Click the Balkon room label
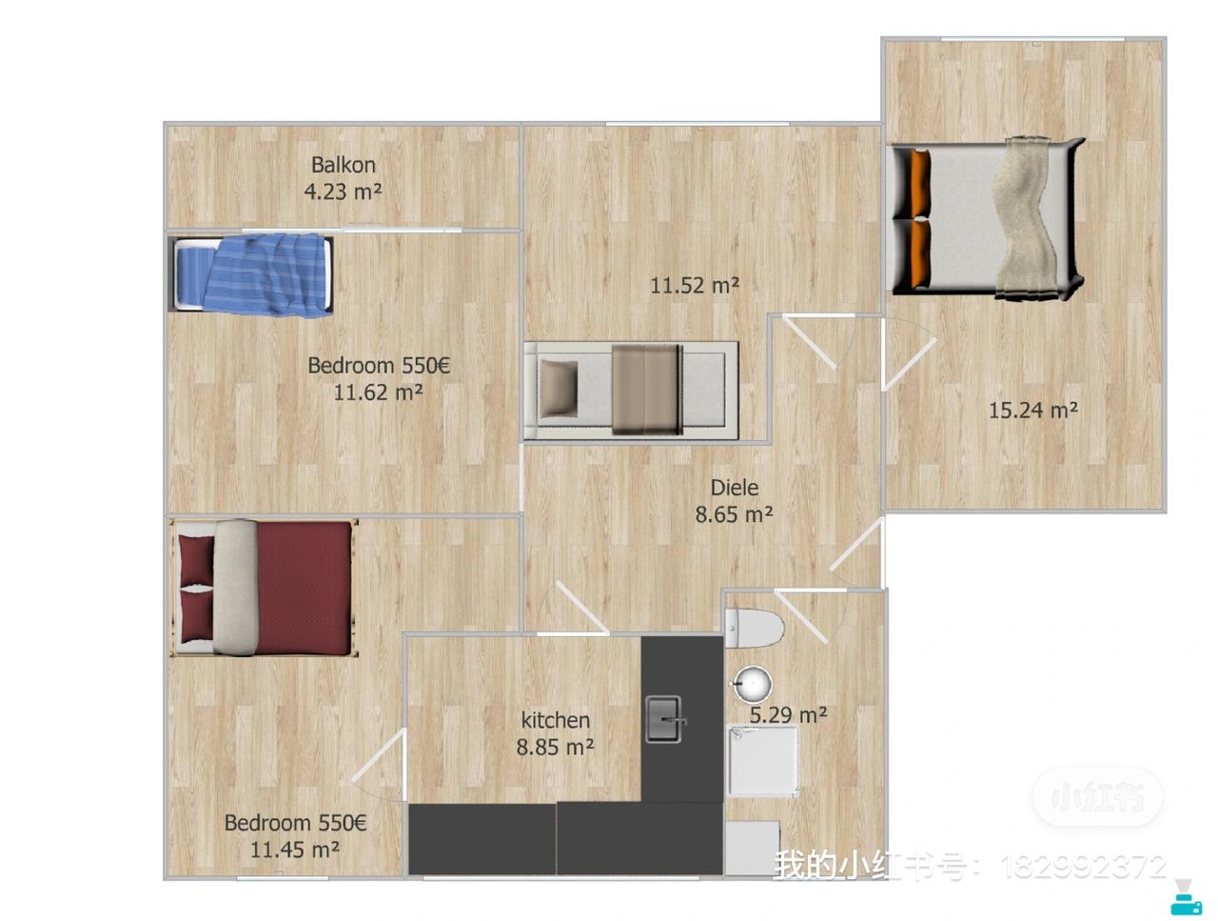[x=343, y=165]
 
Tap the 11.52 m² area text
[x=694, y=286]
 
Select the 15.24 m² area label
[x=1032, y=410]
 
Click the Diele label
[x=734, y=487]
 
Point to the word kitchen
[x=555, y=719]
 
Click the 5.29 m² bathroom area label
[x=787, y=714]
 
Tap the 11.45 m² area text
[x=294, y=850]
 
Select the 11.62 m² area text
[x=378, y=392]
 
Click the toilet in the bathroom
[x=754, y=629]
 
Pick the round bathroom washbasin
[x=752, y=685]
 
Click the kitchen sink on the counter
[x=664, y=719]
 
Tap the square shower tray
[x=763, y=761]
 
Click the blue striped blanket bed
[x=252, y=273]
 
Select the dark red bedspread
[x=304, y=588]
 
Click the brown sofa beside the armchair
[x=647, y=390]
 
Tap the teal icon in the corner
[x=1186, y=897]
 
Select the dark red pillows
[x=195, y=588]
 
